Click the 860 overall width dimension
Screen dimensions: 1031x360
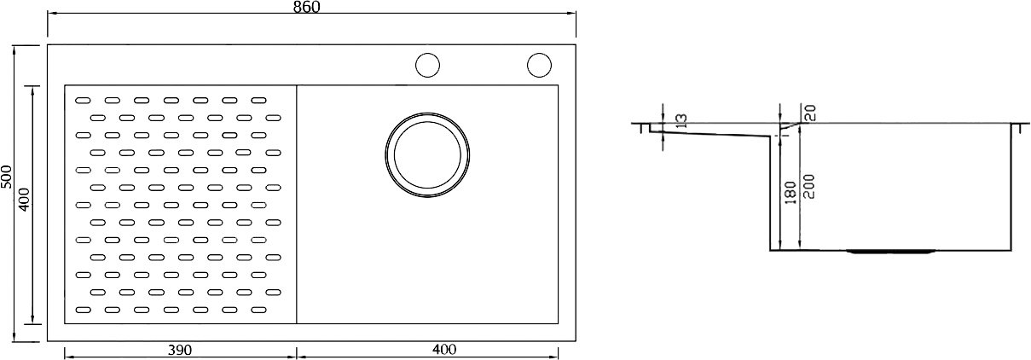(306, 7)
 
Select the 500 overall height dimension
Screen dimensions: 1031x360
(7, 177)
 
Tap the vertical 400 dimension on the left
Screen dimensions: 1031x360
(25, 200)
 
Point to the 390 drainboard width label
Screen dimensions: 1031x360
(179, 351)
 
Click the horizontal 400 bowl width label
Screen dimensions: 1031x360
(444, 350)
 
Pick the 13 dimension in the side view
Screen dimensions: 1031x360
(682, 121)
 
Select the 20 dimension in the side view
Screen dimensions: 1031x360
(810, 113)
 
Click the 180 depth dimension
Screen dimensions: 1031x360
(790, 193)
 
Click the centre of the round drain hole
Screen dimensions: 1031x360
(427, 154)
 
